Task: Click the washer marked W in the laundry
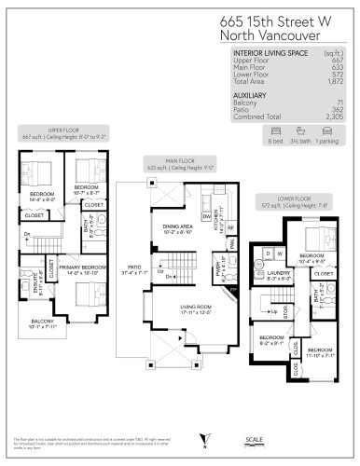pyautogui.click(x=279, y=252)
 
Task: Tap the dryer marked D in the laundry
pyautogui.click(x=269, y=252)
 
